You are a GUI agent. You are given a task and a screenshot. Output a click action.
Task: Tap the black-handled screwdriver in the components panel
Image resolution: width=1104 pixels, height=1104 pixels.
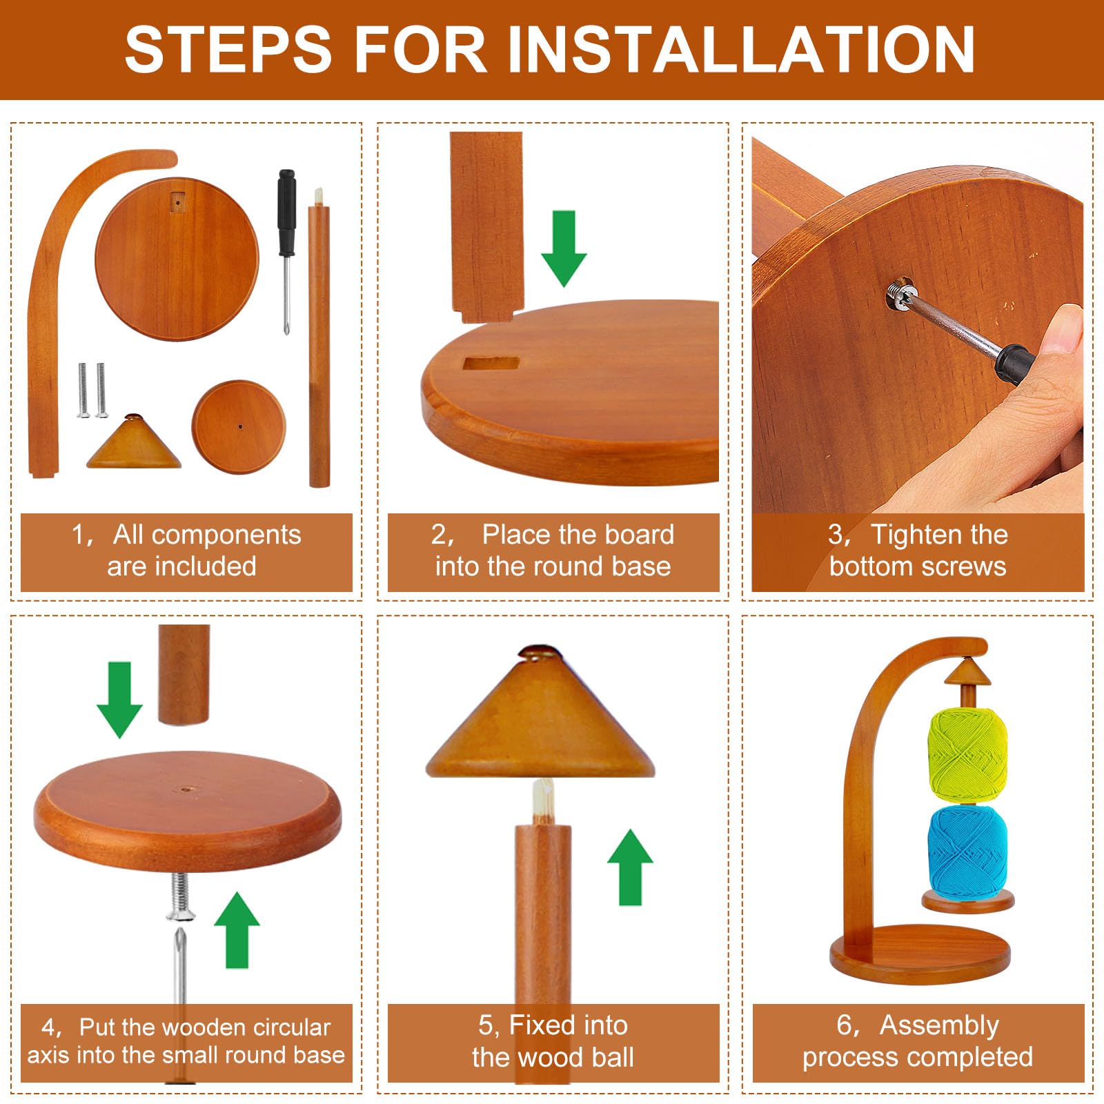[x=286, y=252]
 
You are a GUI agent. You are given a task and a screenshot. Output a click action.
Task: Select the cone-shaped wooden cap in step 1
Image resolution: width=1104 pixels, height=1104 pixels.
[x=134, y=442]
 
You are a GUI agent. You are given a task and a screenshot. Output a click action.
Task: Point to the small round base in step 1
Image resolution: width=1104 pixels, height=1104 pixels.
[x=238, y=426]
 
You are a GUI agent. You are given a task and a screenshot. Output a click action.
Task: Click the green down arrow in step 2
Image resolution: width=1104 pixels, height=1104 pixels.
[x=564, y=248]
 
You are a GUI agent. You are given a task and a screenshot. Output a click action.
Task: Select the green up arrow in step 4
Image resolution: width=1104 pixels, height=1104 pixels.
[x=237, y=930]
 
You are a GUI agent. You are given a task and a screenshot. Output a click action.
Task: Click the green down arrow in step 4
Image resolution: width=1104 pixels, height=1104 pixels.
[x=119, y=700]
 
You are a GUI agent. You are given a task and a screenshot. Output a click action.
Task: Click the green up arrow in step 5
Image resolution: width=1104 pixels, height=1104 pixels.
[x=630, y=867]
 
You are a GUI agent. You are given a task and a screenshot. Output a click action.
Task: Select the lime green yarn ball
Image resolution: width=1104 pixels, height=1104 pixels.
[x=968, y=755]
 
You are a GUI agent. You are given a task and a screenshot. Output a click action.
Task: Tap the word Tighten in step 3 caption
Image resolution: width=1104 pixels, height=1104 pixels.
[x=939, y=535]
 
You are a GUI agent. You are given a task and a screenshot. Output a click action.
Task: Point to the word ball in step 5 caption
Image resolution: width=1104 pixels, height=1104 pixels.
[x=611, y=1057]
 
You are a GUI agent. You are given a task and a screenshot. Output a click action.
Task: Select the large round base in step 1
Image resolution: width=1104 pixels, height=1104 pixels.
[x=177, y=259]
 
